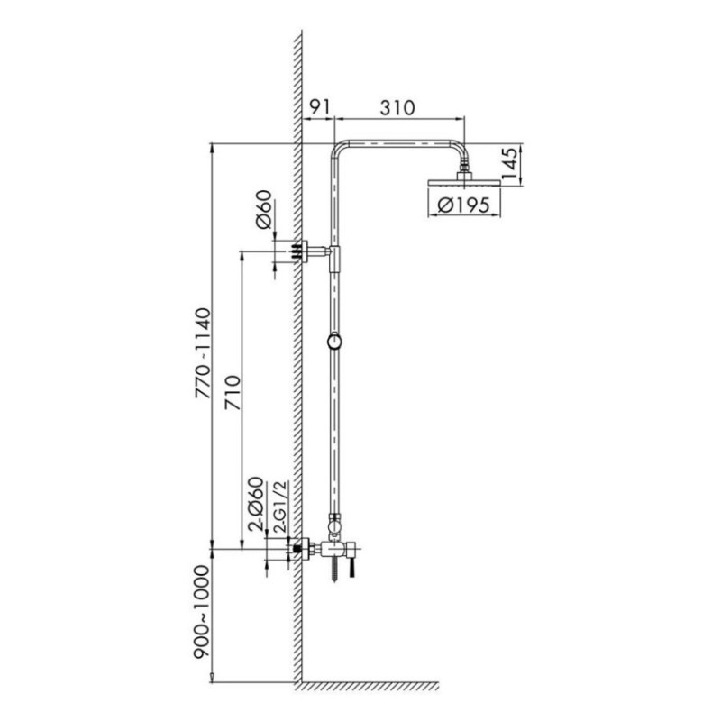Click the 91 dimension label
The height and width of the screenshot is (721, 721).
pyautogui.click(x=319, y=106)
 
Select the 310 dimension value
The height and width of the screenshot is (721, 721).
pyautogui.click(x=397, y=107)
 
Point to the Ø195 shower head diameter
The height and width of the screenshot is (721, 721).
pyautogui.click(x=463, y=205)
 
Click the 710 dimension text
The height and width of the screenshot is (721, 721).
pyautogui.click(x=233, y=393)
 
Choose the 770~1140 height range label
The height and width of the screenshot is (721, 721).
pyautogui.click(x=202, y=353)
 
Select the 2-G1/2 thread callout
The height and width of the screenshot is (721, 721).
pyautogui.click(x=280, y=507)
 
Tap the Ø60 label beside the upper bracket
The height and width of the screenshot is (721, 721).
pyautogui.click(x=264, y=210)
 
